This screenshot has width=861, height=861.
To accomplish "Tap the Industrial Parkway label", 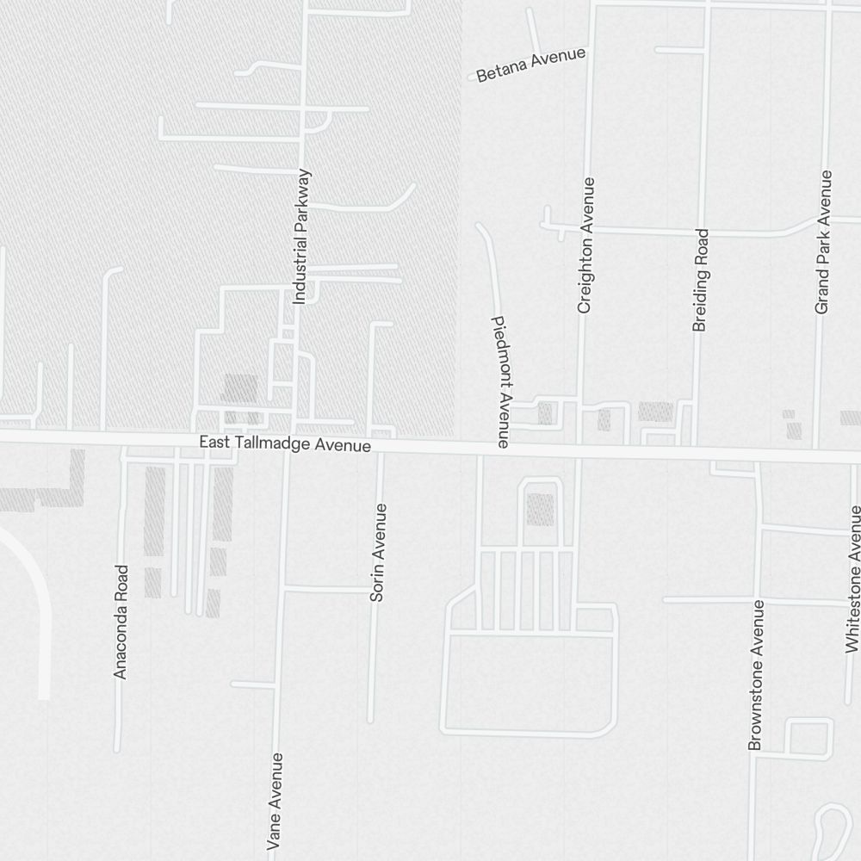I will pos(300,237).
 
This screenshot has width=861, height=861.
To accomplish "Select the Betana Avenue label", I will pos(530,65).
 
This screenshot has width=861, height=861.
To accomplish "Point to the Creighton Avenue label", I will pos(586,245).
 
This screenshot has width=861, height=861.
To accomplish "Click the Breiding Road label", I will pos(700,280).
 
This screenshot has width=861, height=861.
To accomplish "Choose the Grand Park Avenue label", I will pos(824,242).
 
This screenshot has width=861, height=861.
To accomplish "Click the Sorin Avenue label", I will pos(377,552).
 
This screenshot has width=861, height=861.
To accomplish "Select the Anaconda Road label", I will pos(121,622).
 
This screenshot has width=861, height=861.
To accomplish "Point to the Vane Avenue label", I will pos(276,801).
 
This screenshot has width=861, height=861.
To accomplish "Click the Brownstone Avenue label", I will pos(755,675).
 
